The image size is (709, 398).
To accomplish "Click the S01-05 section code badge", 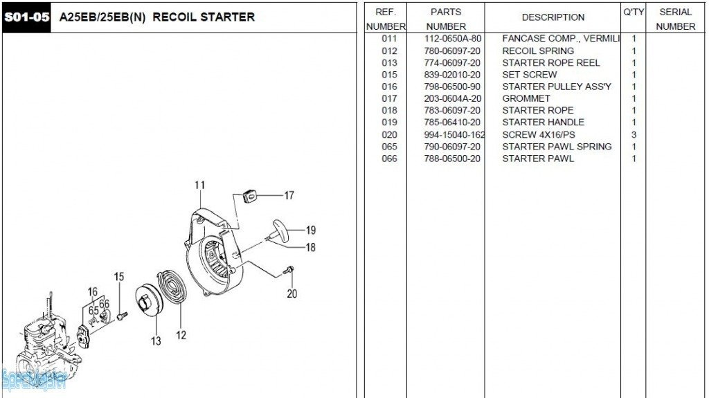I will coord(26,17).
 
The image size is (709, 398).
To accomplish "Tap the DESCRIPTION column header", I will coord(553,17).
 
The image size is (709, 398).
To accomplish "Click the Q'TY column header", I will coord(634,12).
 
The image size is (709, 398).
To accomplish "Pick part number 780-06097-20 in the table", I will coord(452,51).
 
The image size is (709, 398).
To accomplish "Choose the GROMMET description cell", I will coord(526,98).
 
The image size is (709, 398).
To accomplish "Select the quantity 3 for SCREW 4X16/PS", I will coord(634,134).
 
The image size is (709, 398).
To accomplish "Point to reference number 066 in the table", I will coord(389,159).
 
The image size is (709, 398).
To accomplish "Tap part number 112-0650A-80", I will coord(452,39).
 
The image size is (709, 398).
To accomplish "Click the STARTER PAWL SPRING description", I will coord(557,146).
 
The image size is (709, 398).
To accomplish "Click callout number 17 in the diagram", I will coord(289,196).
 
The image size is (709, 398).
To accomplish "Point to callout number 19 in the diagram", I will coord(310,230).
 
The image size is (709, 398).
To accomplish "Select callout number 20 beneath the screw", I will coord(291,293).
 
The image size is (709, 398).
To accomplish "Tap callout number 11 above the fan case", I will coord(199,186).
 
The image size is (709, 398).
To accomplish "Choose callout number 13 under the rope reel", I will coord(156,341).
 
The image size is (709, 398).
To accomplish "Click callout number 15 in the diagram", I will coord(119,277).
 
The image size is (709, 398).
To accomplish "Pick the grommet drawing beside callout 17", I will coord(249,195).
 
